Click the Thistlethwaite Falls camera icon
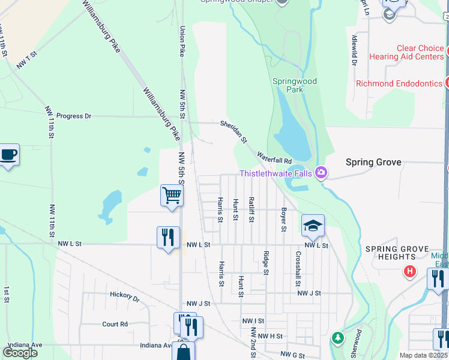point(321,173)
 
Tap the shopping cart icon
point(172,195)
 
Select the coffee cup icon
point(9,155)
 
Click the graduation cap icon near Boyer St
point(313,226)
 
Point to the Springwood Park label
point(294,85)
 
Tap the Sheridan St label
point(234,131)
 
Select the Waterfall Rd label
point(274,158)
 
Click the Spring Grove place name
point(373,162)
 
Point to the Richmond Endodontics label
point(399,83)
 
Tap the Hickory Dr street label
point(124,295)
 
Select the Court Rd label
point(115,324)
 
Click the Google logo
point(20,352)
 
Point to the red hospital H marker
point(411,271)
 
